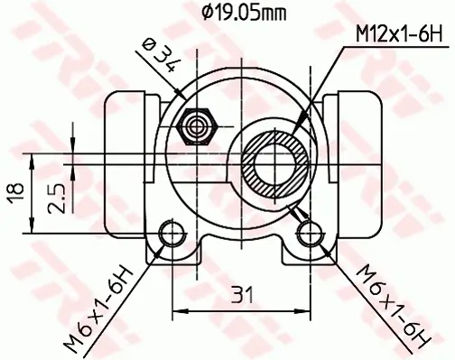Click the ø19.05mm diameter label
243,12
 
